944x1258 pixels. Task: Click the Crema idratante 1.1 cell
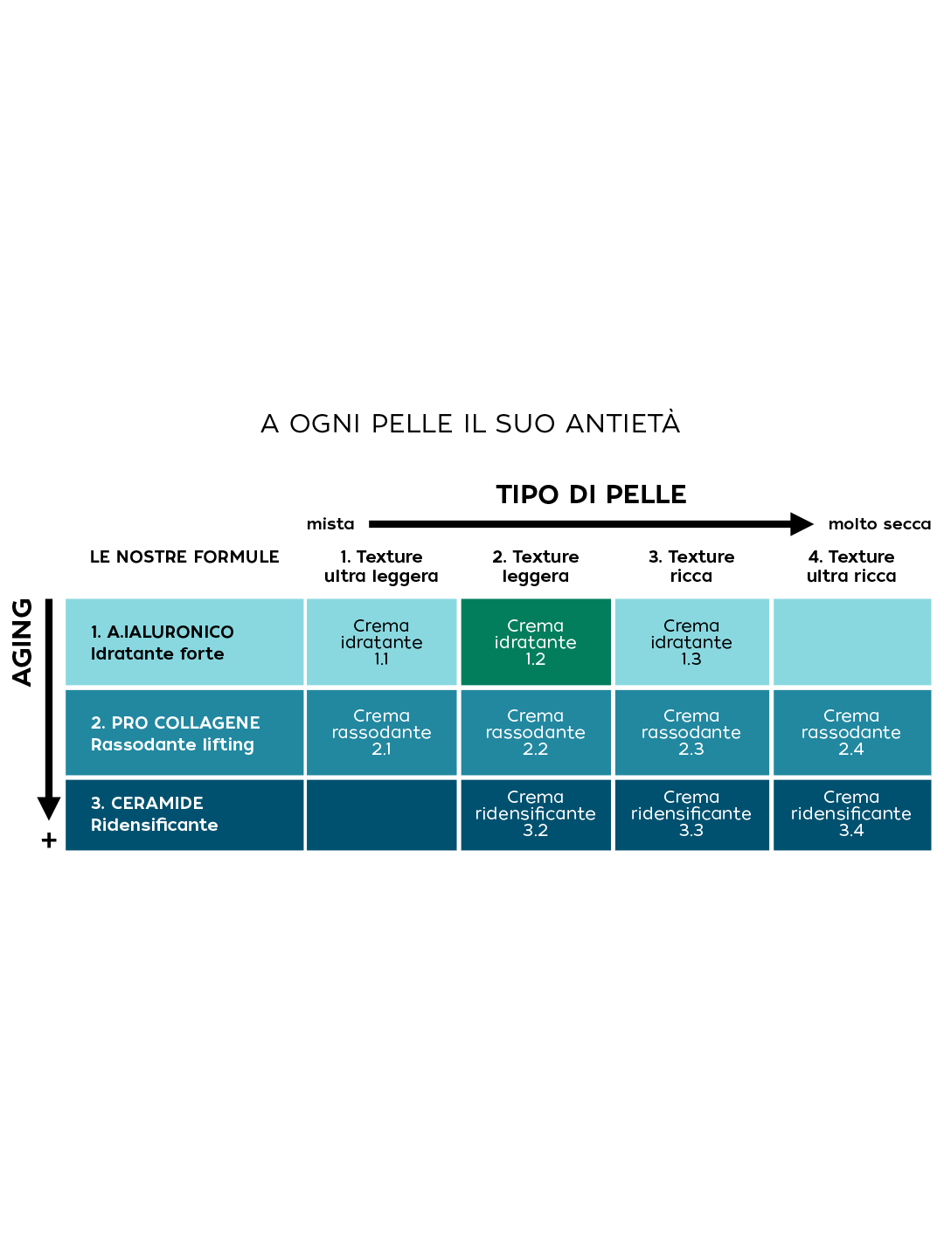pyautogui.click(x=381, y=642)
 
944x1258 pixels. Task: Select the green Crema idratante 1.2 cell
pyautogui.click(x=535, y=642)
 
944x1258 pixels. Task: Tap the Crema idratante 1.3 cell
pyautogui.click(x=691, y=642)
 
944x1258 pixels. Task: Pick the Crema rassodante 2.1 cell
pyautogui.click(x=381, y=732)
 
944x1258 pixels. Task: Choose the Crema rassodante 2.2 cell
pyautogui.click(x=535, y=732)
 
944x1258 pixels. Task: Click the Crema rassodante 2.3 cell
pyautogui.click(x=691, y=732)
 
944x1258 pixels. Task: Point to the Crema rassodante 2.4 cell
pyautogui.click(x=850, y=732)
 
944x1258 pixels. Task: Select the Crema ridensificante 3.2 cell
pyautogui.click(x=535, y=813)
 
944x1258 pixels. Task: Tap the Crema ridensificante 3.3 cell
pyautogui.click(x=691, y=813)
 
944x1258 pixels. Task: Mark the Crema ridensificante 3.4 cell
pyautogui.click(x=850, y=813)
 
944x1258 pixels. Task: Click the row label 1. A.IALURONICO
pyautogui.click(x=163, y=632)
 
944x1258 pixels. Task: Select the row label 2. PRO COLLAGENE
pyautogui.click(x=176, y=722)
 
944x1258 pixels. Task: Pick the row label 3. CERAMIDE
pyautogui.click(x=147, y=803)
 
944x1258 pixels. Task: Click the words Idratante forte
pyautogui.click(x=157, y=653)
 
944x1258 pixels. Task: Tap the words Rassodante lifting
pyautogui.click(x=172, y=744)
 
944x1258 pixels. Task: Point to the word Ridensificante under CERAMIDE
pyautogui.click(x=155, y=825)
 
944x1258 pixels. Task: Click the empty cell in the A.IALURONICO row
pyautogui.click(x=852, y=642)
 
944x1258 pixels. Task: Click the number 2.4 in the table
pyautogui.click(x=850, y=749)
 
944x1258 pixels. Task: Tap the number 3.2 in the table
pyautogui.click(x=535, y=830)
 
